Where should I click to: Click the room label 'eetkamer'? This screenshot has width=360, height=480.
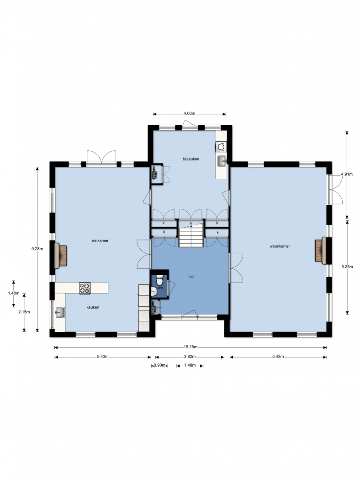pos(101,240)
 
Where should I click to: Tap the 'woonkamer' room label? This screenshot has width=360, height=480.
pos(280,246)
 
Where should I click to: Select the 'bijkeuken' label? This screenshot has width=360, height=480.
pos(191,159)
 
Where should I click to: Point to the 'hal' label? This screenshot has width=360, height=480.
pos(191,277)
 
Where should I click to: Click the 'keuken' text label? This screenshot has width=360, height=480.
pos(93,307)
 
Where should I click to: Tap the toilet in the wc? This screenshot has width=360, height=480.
pos(159,279)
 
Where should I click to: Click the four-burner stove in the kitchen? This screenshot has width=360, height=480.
pos(85,288)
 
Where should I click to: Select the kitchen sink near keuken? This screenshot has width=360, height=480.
pos(60,312)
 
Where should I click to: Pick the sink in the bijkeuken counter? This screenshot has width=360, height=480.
pos(222,161)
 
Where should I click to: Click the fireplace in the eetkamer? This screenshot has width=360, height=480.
pos(61,256)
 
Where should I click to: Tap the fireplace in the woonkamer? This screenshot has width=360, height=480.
pos(321,251)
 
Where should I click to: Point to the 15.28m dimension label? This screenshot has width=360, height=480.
pos(191,347)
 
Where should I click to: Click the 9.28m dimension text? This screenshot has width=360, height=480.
pos(37,249)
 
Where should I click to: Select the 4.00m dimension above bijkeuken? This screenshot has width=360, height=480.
pos(189,113)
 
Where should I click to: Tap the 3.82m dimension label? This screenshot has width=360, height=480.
pos(190,356)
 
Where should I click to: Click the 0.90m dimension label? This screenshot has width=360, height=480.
pos(159,365)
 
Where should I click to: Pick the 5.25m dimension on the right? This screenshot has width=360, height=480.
pos(347,267)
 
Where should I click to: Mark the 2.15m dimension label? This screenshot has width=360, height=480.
pos(24,312)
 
